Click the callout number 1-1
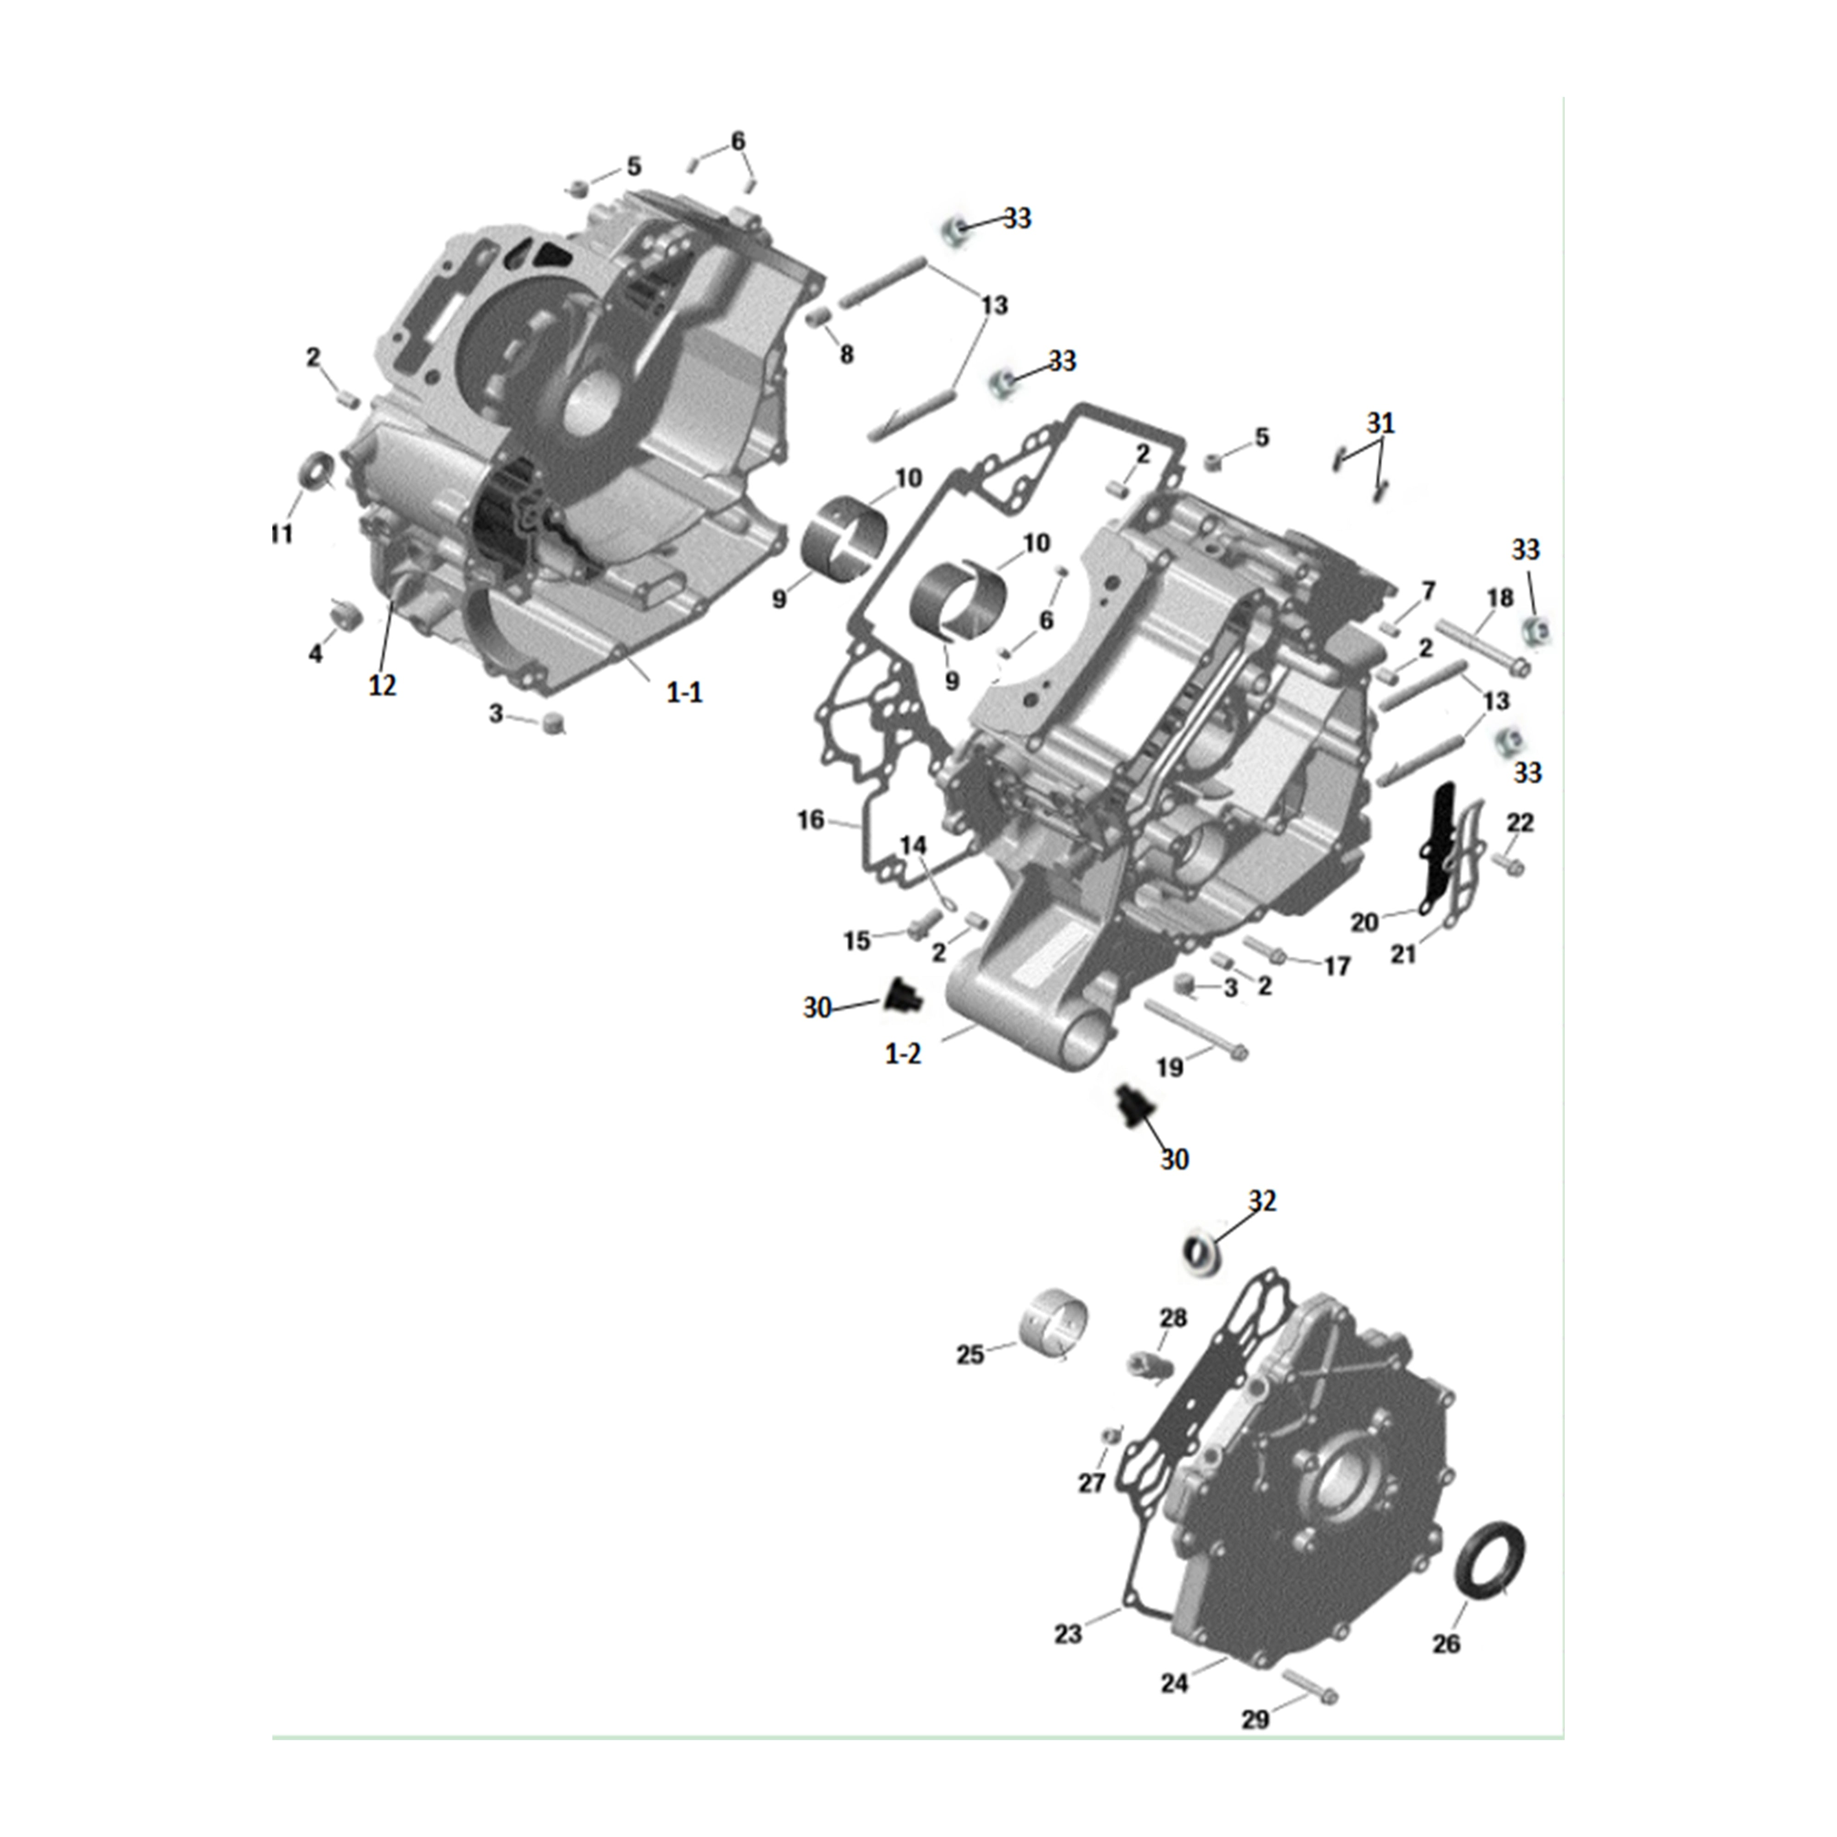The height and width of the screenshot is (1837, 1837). click(684, 693)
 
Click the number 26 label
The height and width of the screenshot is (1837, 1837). click(1445, 1644)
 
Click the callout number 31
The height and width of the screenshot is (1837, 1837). click(1381, 423)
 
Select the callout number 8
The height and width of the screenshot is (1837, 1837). click(846, 355)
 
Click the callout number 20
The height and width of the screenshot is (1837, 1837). click(1364, 922)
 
